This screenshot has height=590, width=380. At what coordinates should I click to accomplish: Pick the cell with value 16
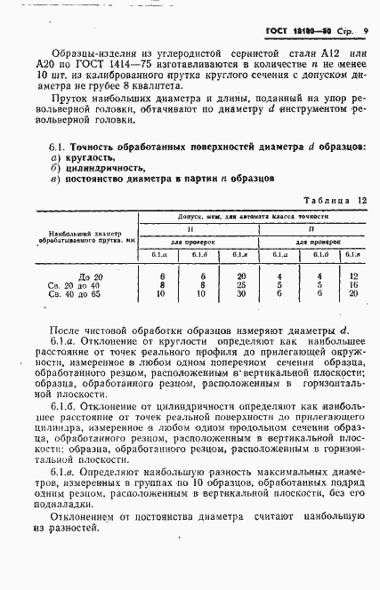click(353, 285)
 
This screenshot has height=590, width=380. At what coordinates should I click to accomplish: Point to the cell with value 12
click(353, 277)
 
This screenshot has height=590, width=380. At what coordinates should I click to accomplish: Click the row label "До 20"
click(91, 277)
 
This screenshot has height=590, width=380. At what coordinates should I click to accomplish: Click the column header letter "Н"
click(202, 227)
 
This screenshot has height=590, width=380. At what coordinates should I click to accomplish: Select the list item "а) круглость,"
click(85, 155)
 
